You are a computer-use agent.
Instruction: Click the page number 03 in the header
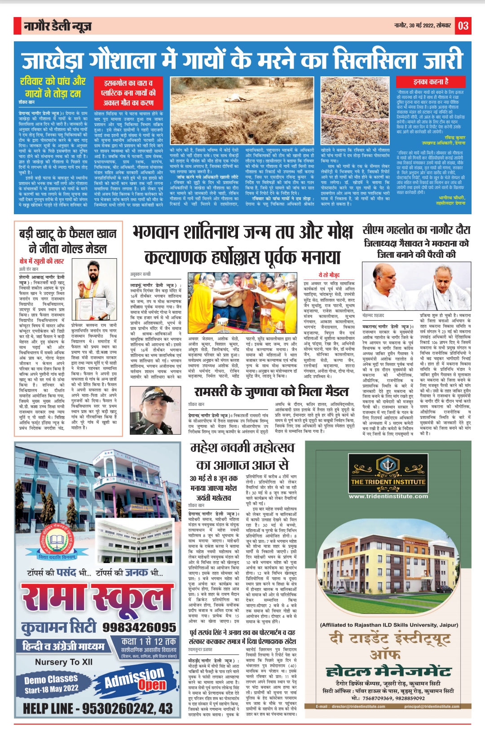463,26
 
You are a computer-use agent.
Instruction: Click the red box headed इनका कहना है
431,82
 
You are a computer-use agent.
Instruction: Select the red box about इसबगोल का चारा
128,92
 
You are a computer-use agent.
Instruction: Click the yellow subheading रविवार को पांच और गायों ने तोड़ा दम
53,87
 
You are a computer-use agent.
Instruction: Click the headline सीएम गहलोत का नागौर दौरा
416,230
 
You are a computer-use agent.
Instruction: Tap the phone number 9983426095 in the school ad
139,627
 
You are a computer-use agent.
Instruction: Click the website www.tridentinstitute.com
388,496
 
